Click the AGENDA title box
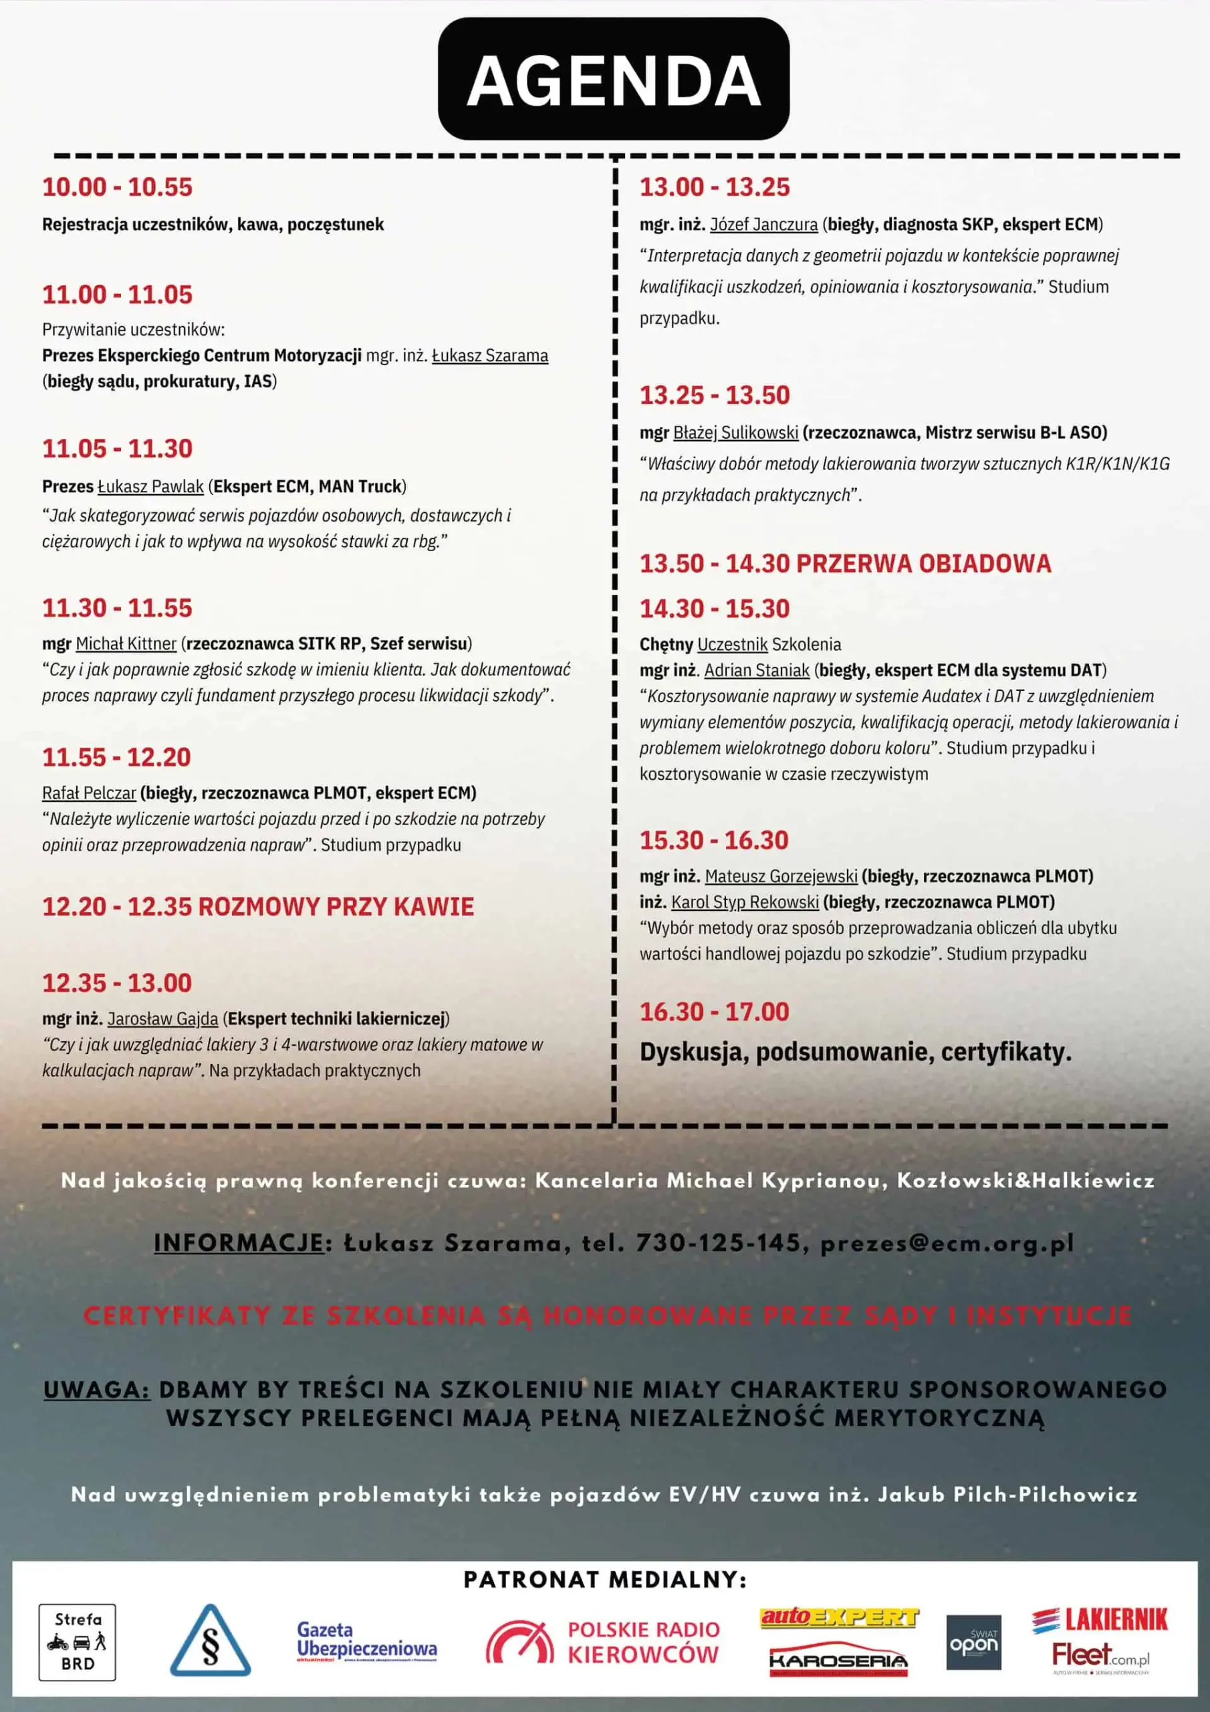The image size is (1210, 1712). [613, 79]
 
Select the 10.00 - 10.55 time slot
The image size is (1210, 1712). [117, 187]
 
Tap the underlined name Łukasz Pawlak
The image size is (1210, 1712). [150, 487]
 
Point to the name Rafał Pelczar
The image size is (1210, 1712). [89, 792]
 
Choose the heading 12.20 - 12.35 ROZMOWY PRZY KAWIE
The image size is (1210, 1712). [258, 907]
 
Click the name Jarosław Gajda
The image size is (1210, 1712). [162, 1019]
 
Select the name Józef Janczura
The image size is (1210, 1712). [763, 225]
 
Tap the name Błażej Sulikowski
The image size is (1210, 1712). [735, 433]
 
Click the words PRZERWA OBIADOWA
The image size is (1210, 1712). [924, 564]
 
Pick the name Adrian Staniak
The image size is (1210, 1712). [757, 670]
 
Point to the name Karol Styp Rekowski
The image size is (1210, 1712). [745, 902]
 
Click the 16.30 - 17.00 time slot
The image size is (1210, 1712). [713, 1012]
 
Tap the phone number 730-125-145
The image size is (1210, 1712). [718, 1243]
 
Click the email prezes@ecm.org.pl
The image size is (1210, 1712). [947, 1243]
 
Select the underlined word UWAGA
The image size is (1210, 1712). [97, 1390]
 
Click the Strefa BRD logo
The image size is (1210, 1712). [78, 1642]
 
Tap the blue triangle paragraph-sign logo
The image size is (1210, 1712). [210, 1640]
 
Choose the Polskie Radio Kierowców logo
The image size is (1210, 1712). [603, 1642]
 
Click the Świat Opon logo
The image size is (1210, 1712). [973, 1642]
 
